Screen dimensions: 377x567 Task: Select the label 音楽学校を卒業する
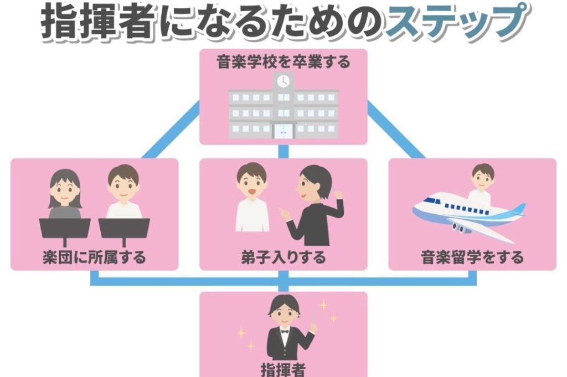283,62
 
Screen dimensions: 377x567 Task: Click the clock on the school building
283,81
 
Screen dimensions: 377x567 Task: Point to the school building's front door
283,131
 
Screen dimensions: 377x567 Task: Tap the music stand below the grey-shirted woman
65,228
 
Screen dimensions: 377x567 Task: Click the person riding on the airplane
480,183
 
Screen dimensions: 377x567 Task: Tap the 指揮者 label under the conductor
283,369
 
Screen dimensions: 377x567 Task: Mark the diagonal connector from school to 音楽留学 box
395,130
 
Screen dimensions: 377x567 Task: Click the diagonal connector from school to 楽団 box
171,130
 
